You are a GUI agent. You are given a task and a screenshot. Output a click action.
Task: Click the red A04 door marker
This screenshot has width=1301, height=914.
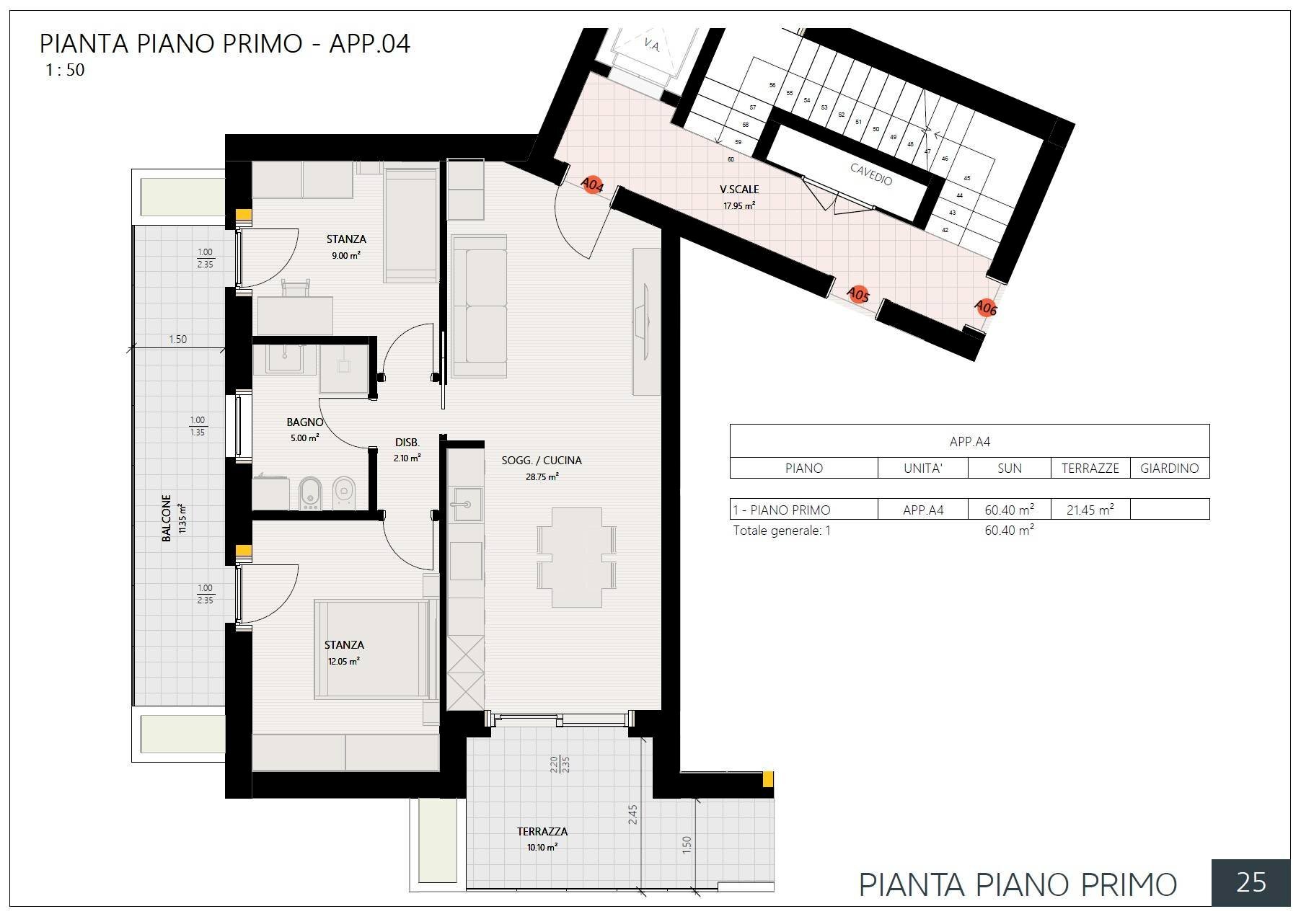pos(592,186)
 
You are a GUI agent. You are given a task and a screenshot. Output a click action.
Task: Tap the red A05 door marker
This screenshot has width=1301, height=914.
pos(857,295)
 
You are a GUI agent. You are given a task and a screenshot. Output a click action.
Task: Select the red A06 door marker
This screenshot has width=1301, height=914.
pos(985,308)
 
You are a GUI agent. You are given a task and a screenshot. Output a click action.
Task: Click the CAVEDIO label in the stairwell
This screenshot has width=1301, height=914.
pos(871,174)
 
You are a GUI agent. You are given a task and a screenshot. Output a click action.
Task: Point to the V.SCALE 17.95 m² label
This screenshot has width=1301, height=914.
pos(739,196)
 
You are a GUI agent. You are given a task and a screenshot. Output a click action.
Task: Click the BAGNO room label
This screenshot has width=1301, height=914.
pos(304,422)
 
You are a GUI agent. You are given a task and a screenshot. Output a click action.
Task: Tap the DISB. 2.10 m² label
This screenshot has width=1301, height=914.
pos(407,449)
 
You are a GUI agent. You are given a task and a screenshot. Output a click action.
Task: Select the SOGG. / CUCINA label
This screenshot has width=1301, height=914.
pos(542,460)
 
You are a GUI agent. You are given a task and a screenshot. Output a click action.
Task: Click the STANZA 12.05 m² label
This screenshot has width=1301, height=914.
pos(344,652)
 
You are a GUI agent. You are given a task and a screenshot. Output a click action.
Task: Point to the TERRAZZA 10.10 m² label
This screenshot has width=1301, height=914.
pos(542,838)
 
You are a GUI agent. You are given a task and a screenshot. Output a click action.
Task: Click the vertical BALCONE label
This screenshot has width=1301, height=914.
pos(167,518)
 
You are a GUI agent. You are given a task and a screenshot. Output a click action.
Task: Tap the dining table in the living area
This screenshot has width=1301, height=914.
pos(577,556)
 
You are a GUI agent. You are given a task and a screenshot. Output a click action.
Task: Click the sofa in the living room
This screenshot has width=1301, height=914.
pos(480,306)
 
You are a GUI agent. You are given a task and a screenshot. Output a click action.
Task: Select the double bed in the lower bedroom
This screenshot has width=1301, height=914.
pos(371,649)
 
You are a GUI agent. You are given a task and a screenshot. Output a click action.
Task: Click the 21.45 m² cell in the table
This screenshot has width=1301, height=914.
pos(1090,510)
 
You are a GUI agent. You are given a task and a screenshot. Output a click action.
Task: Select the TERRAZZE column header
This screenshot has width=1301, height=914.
pos(1090,468)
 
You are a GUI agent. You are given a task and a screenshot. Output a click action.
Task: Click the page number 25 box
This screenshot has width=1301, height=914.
pos(1251,882)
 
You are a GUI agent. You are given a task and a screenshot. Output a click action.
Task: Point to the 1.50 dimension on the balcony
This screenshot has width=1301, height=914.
pos(177,339)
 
